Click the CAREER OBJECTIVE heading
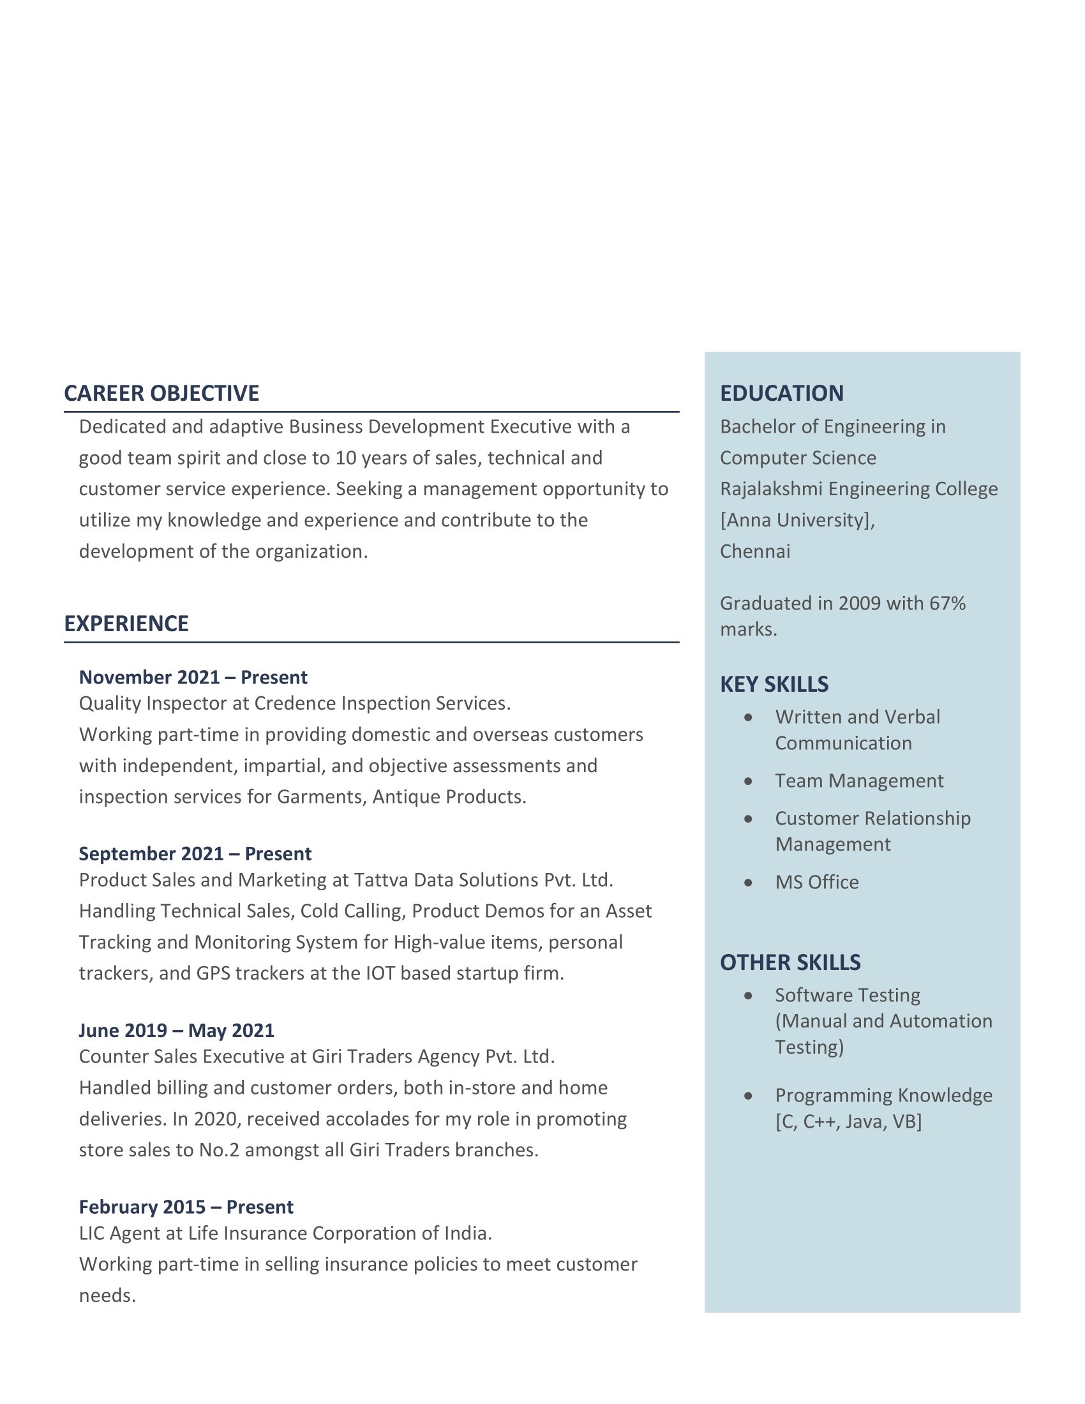coord(161,393)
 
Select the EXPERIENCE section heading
coord(126,624)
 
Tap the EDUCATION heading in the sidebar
coord(782,393)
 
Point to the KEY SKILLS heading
coord(774,685)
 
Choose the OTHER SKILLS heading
coord(790,962)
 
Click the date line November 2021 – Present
coord(193,678)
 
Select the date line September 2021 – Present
coord(195,854)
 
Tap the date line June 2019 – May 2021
coord(176,1031)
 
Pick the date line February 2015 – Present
coord(186,1207)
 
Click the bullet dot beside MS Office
coord(748,883)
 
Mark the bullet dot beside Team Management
coord(748,782)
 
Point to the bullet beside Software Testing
coord(748,996)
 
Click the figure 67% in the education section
coord(947,604)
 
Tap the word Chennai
coord(754,551)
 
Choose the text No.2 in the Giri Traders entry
coord(219,1150)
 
